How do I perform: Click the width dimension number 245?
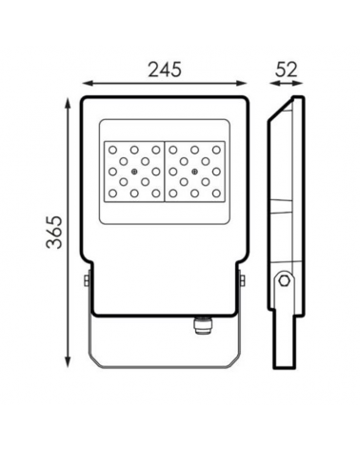click(165, 70)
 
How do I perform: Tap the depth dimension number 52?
click(286, 70)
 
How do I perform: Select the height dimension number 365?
click(54, 232)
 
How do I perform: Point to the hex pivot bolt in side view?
click(284, 280)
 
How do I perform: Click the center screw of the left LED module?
click(134, 172)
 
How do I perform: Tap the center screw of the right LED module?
click(194, 172)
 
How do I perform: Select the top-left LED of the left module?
click(112, 150)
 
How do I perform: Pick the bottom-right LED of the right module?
click(216, 193)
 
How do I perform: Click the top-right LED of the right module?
click(216, 150)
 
